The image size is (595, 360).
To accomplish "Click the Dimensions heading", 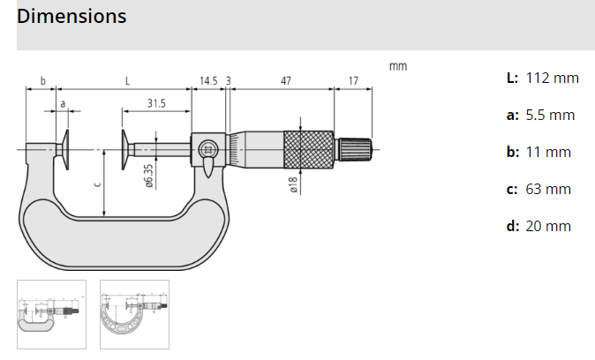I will tap(72, 17).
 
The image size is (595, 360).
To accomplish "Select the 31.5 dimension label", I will tap(156, 103).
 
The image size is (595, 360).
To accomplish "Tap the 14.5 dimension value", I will tap(208, 80).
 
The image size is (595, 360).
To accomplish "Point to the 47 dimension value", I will tap(285, 80).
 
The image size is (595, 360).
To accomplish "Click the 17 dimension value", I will tap(353, 80).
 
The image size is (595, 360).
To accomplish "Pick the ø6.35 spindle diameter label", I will tap(149, 176).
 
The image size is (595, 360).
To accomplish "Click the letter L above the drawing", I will tap(128, 80).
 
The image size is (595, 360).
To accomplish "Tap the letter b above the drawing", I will tap(42, 80).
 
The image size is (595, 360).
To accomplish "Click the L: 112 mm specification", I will tap(542, 78).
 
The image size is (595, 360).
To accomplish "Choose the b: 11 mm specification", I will tap(539, 152).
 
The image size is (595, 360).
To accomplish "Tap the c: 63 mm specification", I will tap(539, 189).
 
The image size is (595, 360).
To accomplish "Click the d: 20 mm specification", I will tap(539, 226).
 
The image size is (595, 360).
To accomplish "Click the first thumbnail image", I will tap(51, 314).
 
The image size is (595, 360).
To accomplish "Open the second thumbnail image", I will tap(134, 314).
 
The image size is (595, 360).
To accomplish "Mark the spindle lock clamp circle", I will tap(208, 148).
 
